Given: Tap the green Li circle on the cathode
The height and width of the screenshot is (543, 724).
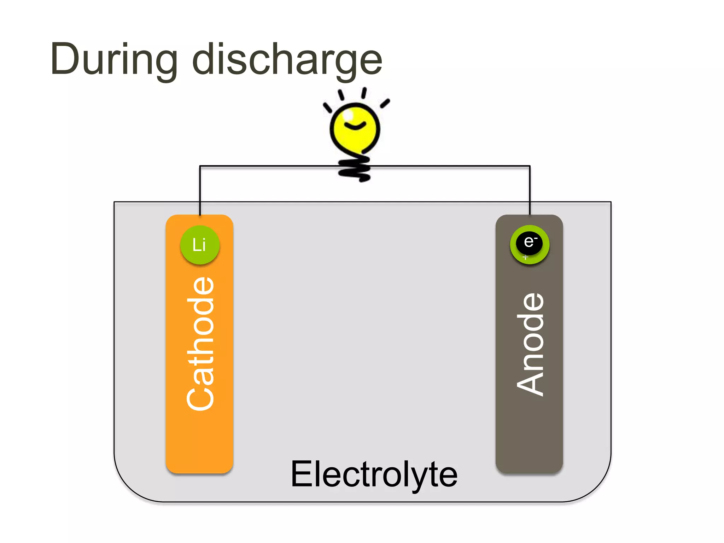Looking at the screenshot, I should [200, 245].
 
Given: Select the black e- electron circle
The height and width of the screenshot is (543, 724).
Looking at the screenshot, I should [529, 242].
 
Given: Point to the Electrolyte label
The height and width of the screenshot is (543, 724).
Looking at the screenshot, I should [374, 474].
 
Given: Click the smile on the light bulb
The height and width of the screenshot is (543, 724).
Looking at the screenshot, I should [355, 125].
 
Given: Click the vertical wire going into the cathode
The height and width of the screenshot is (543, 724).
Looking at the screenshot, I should [200, 191].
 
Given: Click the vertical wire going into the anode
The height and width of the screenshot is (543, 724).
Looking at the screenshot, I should [530, 191].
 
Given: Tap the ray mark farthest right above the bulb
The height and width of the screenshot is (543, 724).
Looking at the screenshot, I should [385, 103].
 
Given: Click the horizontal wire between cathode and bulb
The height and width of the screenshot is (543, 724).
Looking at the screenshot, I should [269, 166].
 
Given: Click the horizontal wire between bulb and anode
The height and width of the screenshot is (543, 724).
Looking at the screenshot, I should [449, 166].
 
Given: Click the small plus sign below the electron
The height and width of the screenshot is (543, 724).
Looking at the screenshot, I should [526, 257].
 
